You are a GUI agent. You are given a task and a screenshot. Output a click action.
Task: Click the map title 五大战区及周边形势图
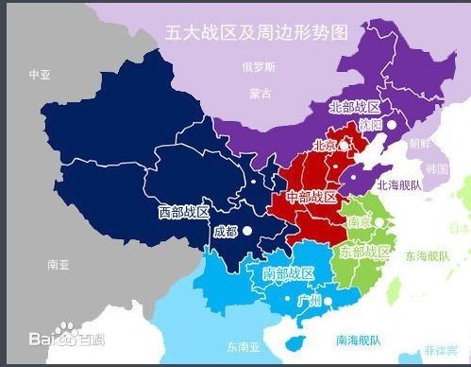257,32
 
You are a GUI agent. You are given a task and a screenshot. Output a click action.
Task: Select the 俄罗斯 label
258,67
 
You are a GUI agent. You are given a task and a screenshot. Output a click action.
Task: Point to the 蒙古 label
260,94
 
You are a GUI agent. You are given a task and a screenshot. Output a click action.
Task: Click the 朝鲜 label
418,144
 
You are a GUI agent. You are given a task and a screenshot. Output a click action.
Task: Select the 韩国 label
436,168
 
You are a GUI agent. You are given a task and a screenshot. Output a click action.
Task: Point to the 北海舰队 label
400,185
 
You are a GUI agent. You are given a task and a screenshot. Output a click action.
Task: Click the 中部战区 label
311,197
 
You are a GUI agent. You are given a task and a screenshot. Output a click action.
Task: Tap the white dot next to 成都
247,230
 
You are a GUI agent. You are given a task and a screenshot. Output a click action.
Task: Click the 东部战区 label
364,252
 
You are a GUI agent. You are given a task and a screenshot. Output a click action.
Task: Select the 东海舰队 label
428,255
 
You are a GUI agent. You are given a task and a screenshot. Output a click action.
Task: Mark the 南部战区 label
288,274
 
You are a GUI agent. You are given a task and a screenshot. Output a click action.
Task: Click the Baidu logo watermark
66,338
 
